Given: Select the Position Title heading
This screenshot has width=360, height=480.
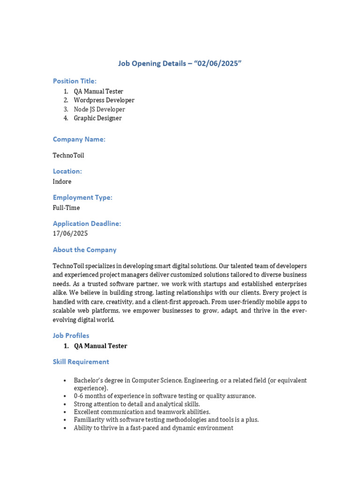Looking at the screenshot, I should point(75,81).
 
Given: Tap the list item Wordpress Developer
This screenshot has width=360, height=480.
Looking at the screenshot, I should point(104,100).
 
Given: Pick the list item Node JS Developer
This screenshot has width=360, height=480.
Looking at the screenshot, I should point(99,109).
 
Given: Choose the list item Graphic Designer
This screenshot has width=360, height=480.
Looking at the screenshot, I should point(97,118).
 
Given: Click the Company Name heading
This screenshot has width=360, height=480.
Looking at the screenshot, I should point(79,139).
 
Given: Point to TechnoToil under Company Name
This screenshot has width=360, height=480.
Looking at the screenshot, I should point(68,155).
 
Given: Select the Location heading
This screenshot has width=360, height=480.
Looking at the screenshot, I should point(67,171).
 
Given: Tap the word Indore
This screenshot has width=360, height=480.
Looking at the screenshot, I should point(62,181).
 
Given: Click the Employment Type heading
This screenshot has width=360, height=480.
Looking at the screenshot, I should point(82,197).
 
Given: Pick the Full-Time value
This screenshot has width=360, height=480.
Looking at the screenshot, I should point(66,208).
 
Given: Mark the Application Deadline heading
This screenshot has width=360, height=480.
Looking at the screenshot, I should point(87,224).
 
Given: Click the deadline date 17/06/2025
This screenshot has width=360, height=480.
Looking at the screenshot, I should point(70,233).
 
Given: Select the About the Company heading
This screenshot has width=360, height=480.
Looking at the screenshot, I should point(84,250).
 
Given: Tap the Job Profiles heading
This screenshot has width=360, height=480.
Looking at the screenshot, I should point(71,336).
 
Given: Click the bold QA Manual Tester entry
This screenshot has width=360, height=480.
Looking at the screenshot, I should point(100,346).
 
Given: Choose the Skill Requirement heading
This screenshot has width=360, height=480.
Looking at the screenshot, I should point(81,362).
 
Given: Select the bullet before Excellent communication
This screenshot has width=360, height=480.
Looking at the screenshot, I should point(64,412).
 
